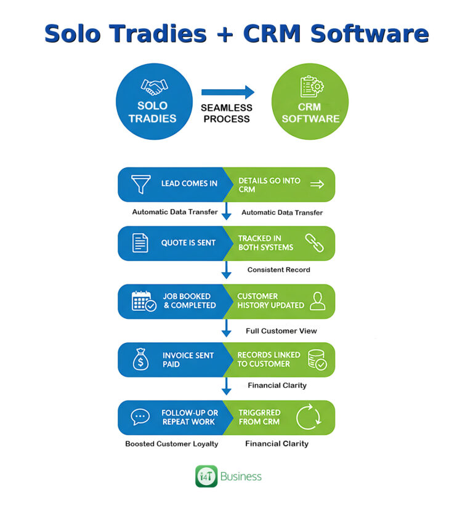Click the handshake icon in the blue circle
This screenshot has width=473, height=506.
click(x=155, y=87)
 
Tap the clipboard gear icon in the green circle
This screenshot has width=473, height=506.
click(x=312, y=86)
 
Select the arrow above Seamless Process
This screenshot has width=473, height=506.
click(x=228, y=92)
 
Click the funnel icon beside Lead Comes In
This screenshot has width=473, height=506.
click(x=141, y=184)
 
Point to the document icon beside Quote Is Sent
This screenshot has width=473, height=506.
click(x=140, y=243)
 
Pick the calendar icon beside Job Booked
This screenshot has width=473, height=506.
click(x=144, y=301)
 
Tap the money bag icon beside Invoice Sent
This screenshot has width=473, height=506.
click(x=141, y=359)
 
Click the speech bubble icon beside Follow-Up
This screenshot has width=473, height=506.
click(x=140, y=417)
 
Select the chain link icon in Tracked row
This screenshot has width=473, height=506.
click(x=314, y=243)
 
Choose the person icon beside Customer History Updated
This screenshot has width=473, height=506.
click(x=317, y=301)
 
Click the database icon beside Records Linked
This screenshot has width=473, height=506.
click(x=317, y=359)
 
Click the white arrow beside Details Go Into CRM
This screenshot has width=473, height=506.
click(x=317, y=184)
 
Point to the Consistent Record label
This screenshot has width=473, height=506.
click(x=278, y=270)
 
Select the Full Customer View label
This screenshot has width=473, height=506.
click(x=281, y=331)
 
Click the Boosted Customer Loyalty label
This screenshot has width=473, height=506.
click(x=171, y=444)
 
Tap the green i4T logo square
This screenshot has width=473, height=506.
click(x=206, y=476)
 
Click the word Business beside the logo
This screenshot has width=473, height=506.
click(x=241, y=476)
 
